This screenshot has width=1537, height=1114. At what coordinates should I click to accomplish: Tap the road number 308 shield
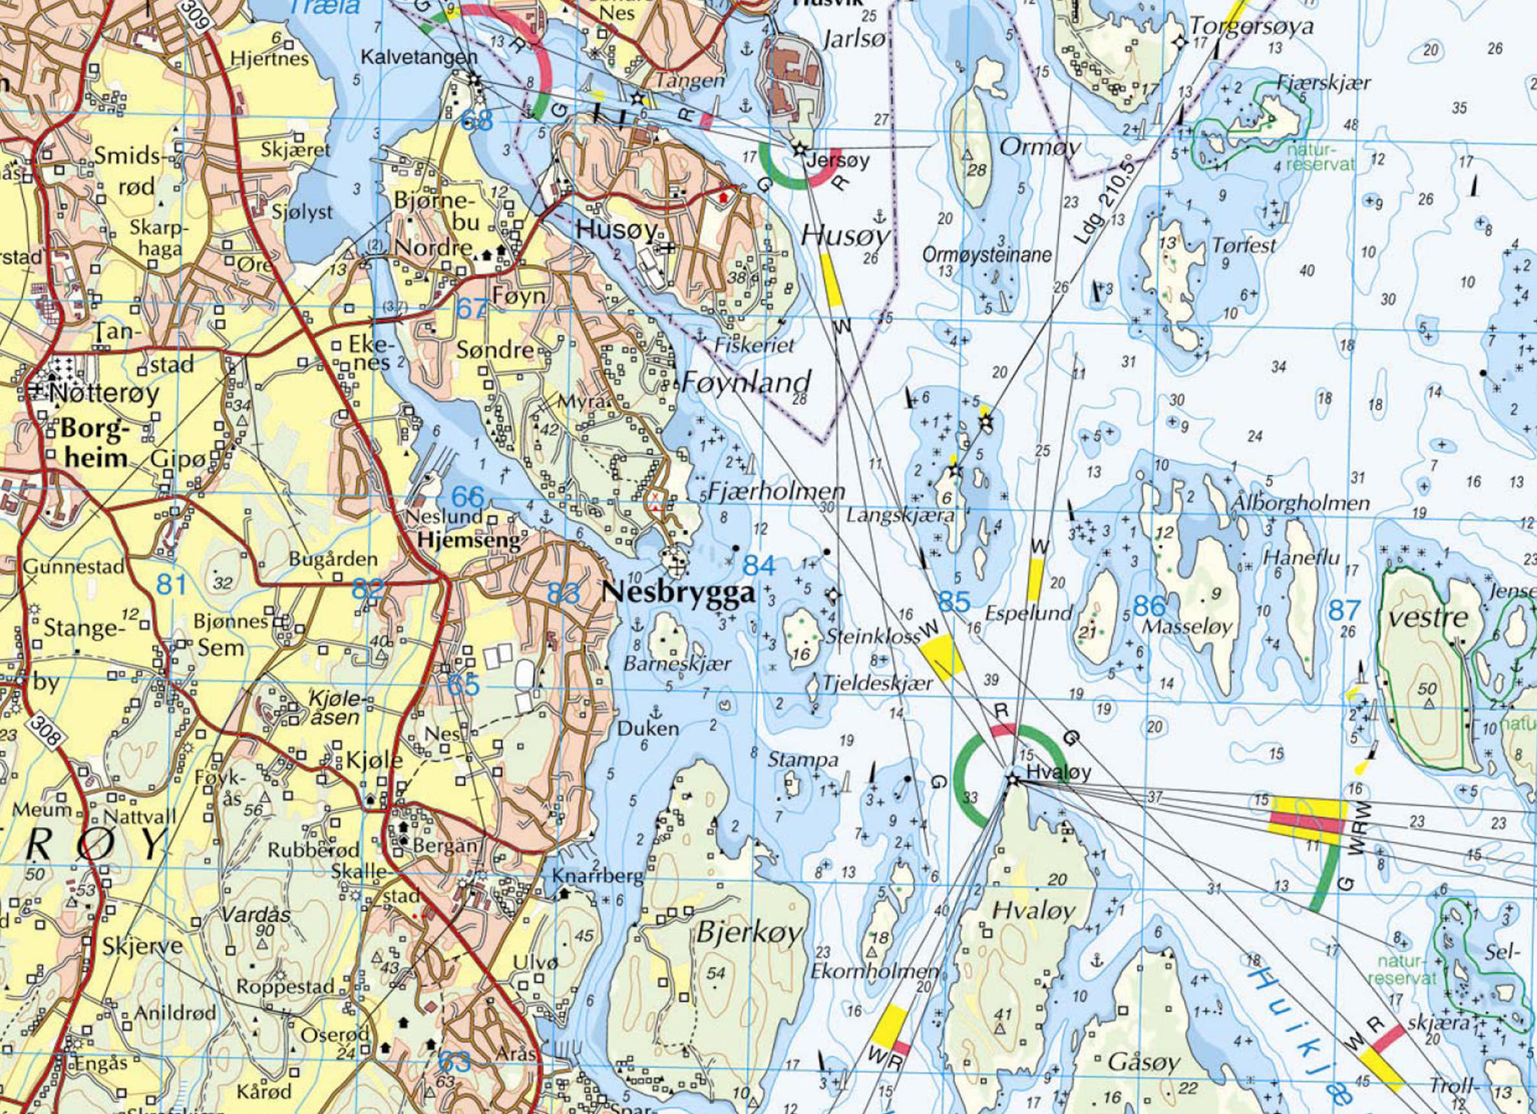pos(47,731)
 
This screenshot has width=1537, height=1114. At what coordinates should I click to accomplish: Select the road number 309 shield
pos(195,15)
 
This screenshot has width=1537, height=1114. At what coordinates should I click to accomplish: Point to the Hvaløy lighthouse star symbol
pos(1013,780)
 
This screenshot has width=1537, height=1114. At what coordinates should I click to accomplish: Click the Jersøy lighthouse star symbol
pos(799,149)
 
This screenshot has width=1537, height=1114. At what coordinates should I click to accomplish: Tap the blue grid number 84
pos(759,566)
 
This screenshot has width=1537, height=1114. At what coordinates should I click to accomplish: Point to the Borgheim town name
pos(95,444)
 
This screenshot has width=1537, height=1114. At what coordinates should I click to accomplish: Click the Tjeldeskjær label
pos(877,683)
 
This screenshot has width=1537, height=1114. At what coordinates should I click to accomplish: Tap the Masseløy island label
pos(1187,627)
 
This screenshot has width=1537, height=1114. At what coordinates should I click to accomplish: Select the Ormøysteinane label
pos(986,255)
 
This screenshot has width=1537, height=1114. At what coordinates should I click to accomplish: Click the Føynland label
pos(746,382)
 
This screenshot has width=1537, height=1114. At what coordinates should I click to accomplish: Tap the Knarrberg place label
pos(598,876)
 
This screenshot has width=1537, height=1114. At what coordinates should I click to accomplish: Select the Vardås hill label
pos(256,915)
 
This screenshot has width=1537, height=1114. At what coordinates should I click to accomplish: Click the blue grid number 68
pos(477,120)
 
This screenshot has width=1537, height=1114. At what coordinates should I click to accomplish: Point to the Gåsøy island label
pos(1143,1062)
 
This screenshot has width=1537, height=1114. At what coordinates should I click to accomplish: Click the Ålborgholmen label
pos(1300,502)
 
